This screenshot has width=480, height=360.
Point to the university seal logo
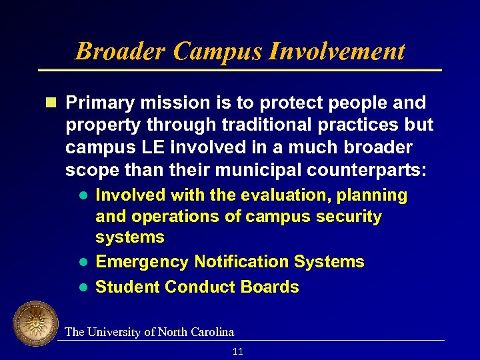point(35,324)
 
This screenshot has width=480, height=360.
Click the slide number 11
point(238,351)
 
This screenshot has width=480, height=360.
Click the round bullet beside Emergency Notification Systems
point(83,262)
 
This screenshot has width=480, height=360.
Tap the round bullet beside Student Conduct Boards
point(83,287)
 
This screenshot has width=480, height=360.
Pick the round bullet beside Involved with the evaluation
point(83,196)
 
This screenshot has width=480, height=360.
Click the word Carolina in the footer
point(212,332)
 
